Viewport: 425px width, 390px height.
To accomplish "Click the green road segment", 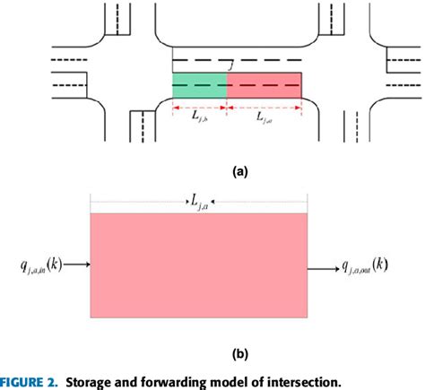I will click(x=199, y=85).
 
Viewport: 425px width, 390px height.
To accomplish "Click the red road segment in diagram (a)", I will click(x=265, y=85).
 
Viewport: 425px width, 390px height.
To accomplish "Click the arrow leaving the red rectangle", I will click(x=322, y=266).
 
